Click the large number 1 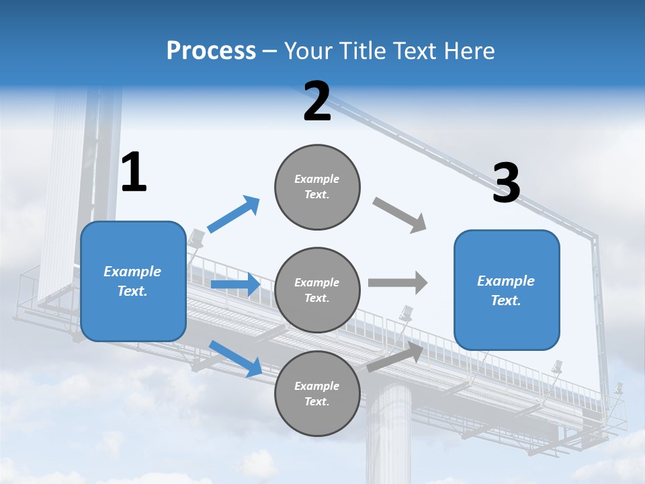(x=134, y=172)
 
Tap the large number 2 (x=317, y=102)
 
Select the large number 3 (x=506, y=183)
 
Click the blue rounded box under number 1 (x=133, y=281)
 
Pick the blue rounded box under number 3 (x=507, y=290)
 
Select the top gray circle (x=317, y=187)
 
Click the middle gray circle (x=317, y=290)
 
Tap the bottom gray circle (x=317, y=394)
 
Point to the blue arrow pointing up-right (x=233, y=214)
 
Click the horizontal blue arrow (x=235, y=284)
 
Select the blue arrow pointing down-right (x=235, y=358)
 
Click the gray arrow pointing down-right (x=400, y=215)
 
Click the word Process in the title (x=211, y=51)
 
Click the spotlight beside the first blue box (x=196, y=237)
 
